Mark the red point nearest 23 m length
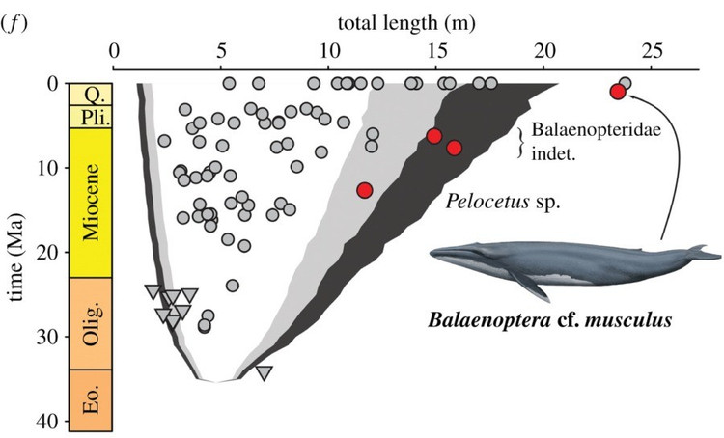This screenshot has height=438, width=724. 618,92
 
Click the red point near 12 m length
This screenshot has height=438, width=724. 364,190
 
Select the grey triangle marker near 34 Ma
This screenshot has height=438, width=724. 264,373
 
